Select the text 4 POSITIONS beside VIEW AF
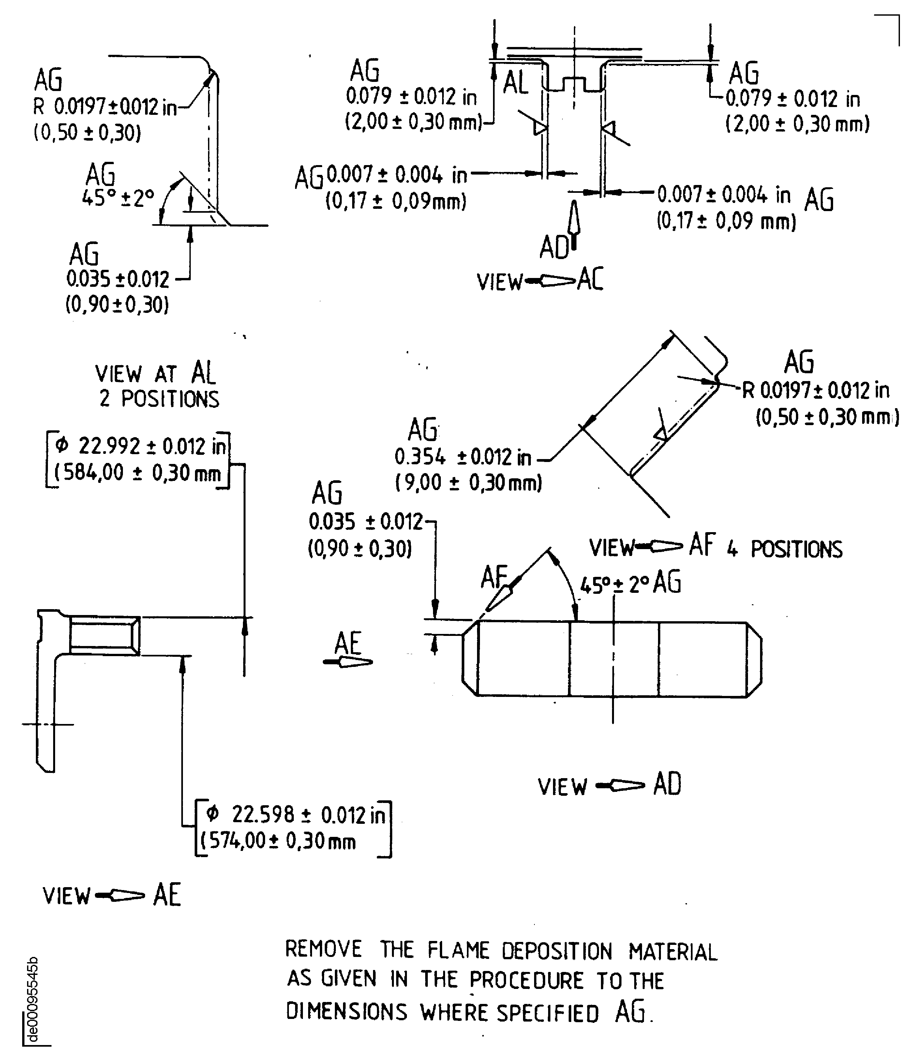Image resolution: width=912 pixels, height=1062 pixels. tap(784, 549)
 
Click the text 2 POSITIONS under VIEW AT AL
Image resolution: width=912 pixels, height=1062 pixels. tap(159, 399)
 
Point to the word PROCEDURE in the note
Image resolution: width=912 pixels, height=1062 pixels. tap(526, 980)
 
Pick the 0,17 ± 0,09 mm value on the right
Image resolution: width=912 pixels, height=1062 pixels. tap(726, 222)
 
